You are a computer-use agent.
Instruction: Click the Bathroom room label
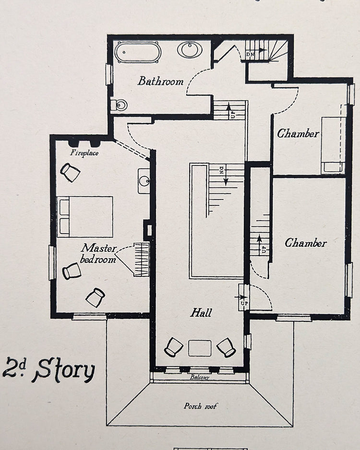(x=160, y=81)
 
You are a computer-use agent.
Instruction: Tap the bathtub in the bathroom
(x=138, y=52)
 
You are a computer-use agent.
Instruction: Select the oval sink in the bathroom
(x=190, y=50)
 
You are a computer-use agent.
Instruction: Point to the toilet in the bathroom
(x=119, y=105)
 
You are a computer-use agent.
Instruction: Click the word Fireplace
(x=84, y=153)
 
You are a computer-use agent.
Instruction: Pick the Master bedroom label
(x=98, y=253)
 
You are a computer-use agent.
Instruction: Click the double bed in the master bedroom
(x=85, y=217)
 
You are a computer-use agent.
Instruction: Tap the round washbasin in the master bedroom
(x=144, y=181)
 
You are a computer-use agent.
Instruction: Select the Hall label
(x=201, y=312)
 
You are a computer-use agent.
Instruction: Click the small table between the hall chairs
(x=200, y=348)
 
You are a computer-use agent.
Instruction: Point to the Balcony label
(x=200, y=377)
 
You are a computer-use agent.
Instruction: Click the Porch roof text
(x=200, y=406)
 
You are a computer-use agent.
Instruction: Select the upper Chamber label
(x=298, y=133)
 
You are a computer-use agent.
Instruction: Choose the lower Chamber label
(x=306, y=243)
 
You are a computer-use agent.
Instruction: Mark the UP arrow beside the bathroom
(x=229, y=110)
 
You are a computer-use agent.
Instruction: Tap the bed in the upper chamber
(x=333, y=145)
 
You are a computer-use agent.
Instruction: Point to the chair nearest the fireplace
(x=71, y=173)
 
